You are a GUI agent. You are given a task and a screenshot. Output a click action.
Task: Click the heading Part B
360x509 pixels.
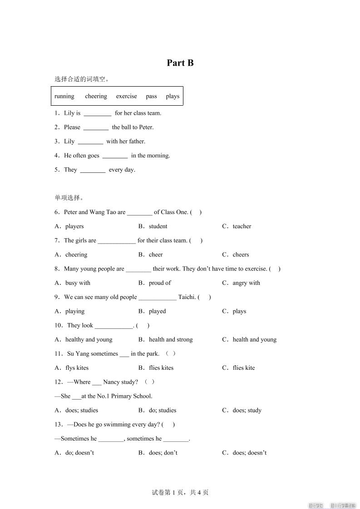[180, 63]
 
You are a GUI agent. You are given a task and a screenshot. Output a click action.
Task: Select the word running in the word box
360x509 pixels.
[64, 96]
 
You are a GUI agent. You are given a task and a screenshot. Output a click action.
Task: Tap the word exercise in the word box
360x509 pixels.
[126, 96]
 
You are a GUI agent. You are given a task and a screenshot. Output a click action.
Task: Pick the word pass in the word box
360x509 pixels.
[152, 96]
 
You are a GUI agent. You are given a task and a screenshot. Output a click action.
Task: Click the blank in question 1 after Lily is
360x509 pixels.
[98, 113]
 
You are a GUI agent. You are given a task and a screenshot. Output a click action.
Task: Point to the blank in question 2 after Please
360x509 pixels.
[96, 127]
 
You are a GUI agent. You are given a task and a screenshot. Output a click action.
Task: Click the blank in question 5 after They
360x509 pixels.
[93, 170]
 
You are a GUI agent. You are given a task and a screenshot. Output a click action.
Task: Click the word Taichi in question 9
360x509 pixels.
[187, 297]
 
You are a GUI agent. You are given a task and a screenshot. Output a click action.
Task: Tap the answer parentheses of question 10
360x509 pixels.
[143, 325]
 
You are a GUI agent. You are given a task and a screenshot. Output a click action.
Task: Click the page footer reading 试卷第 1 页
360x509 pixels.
[180, 493]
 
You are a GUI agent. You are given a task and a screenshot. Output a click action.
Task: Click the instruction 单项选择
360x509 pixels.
[69, 198]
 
